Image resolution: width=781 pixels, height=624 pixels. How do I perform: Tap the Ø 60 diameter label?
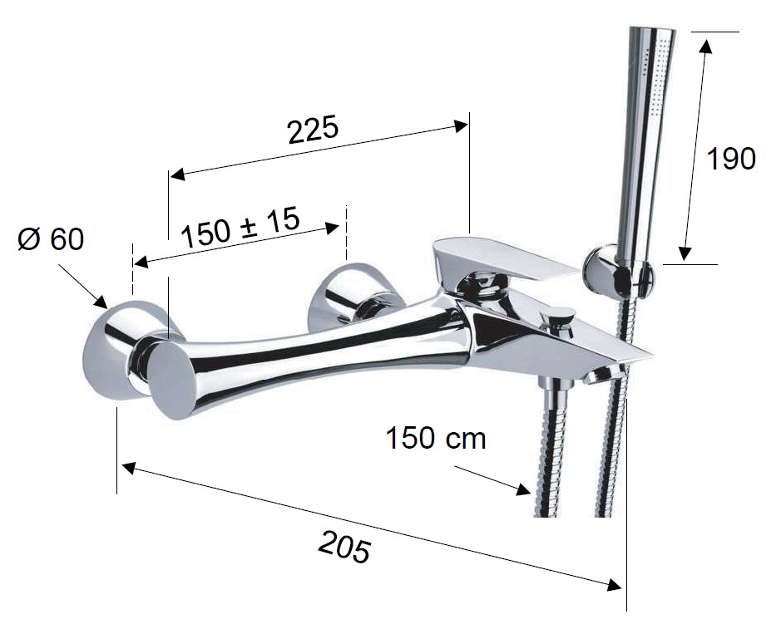pos(51,240)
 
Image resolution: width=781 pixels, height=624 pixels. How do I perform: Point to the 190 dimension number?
pos(731,160)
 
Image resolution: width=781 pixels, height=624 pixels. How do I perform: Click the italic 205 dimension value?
pos(344,547)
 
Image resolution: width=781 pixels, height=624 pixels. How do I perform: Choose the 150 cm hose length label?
pos(436,439)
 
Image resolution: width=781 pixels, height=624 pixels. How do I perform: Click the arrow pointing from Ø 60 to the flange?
pos(82,286)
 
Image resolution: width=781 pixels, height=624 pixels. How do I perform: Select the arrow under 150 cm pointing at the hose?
pos(492,480)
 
